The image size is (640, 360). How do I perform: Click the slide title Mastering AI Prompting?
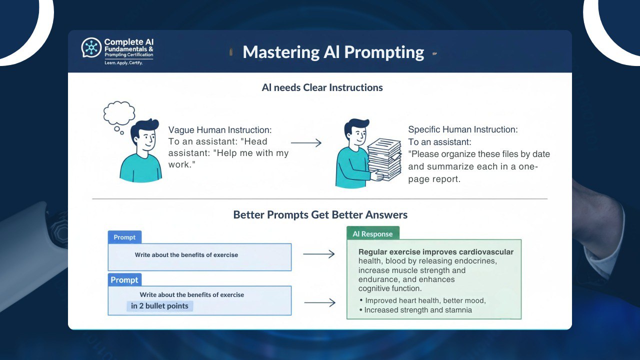(333, 52)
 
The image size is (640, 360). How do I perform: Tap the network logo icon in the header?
(91, 47)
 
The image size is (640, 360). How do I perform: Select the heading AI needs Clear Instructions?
(322, 87)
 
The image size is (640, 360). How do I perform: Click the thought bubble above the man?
(119, 113)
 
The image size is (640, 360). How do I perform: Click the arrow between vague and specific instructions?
(306, 143)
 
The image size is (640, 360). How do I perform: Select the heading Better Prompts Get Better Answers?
(320, 215)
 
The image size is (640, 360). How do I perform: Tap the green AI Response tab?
(372, 234)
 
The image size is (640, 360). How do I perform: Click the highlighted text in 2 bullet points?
(159, 306)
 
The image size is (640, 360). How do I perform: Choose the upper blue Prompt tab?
(124, 237)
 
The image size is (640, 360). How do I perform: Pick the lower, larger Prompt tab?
(124, 279)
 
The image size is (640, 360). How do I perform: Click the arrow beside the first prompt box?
(318, 254)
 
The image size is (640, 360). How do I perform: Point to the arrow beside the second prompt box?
(319, 302)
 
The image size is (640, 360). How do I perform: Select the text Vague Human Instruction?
(219, 130)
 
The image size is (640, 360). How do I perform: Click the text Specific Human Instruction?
(462, 129)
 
